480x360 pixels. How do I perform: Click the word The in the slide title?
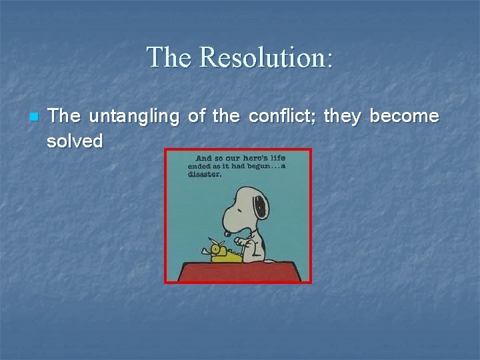[x=169, y=57]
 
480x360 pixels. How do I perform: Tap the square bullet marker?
[x=34, y=117]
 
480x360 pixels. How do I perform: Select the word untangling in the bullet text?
[x=134, y=117]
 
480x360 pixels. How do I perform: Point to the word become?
[x=404, y=116]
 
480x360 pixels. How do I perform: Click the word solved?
[x=75, y=141]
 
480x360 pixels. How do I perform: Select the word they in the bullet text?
[x=343, y=117]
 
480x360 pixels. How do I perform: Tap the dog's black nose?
[x=227, y=233]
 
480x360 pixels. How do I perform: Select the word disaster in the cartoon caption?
[x=204, y=176]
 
